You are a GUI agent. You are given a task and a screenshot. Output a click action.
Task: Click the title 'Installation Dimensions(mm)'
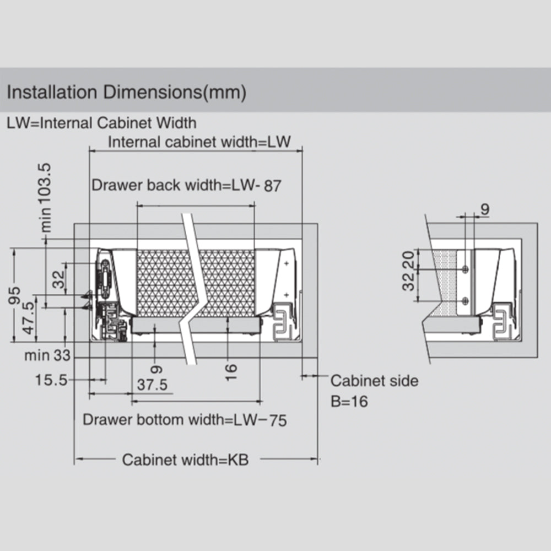pos(126,92)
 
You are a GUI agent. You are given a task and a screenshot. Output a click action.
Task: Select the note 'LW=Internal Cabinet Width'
pos(101,122)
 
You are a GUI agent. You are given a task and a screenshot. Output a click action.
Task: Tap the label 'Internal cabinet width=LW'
pos(199,142)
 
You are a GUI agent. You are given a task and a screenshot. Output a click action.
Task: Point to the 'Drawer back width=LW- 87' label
pos(186,185)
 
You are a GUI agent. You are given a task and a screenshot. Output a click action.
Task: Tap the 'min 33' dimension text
pos(47,355)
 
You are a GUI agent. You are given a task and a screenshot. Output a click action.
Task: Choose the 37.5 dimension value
pos(152,385)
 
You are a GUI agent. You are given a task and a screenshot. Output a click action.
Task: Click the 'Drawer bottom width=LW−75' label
pos(185,420)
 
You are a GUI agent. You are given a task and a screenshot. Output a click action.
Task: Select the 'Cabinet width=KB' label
pos(185,460)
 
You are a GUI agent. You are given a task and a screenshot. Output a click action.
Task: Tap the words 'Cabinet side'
pos(374,381)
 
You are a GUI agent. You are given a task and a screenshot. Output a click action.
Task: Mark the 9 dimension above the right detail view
pos(485,209)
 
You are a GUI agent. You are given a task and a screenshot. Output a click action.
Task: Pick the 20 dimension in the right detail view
pos(408,258)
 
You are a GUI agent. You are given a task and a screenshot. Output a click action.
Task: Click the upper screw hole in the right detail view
pos(466,268)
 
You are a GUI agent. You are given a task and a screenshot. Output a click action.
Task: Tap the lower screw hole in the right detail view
pos(466,300)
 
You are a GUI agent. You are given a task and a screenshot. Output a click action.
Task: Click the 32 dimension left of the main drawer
pos(58,279)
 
